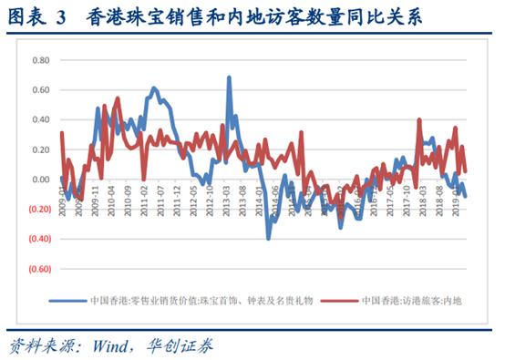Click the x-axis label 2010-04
pos(110,198)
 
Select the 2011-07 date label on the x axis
pos(161,198)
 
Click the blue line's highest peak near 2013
pos(229,78)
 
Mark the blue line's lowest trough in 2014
pos(268,238)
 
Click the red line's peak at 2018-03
pos(418,119)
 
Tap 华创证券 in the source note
pos(183,345)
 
